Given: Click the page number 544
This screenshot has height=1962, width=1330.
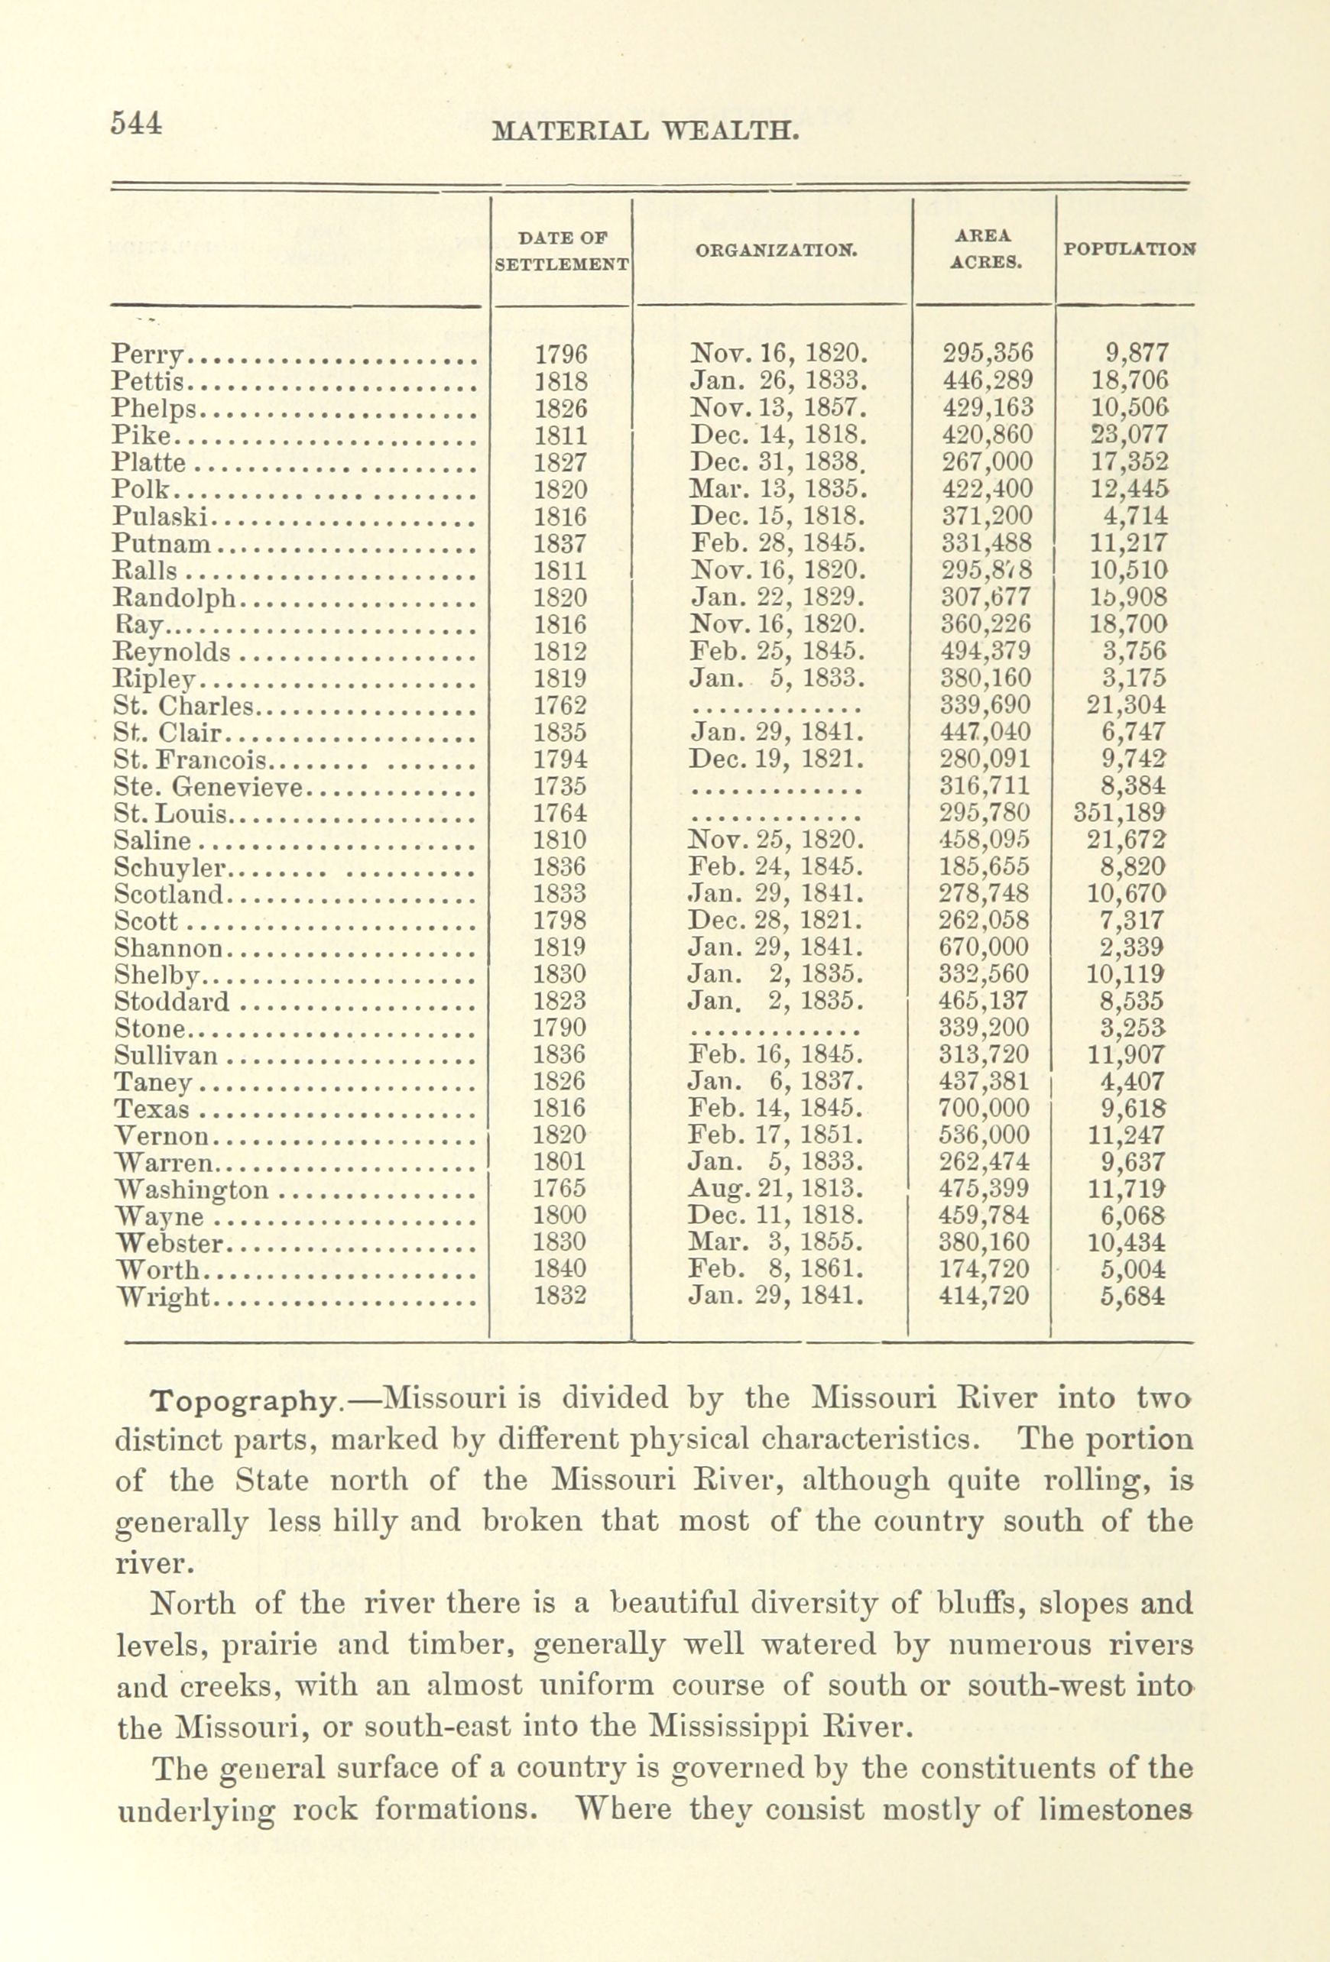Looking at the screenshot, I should click(x=135, y=123).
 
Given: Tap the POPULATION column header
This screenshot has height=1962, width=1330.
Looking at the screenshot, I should click(x=1128, y=250).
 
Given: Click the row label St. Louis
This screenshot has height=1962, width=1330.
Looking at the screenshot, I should click(x=170, y=814).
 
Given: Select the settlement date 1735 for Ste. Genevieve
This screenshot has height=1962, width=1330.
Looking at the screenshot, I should click(x=561, y=786).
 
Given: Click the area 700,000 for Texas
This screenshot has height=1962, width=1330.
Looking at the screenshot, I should click(x=985, y=1108).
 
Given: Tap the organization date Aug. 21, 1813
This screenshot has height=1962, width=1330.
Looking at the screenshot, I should click(x=776, y=1189).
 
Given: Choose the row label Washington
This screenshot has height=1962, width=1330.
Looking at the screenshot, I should click(x=192, y=1190).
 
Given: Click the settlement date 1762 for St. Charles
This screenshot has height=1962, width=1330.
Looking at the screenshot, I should click(x=561, y=705).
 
